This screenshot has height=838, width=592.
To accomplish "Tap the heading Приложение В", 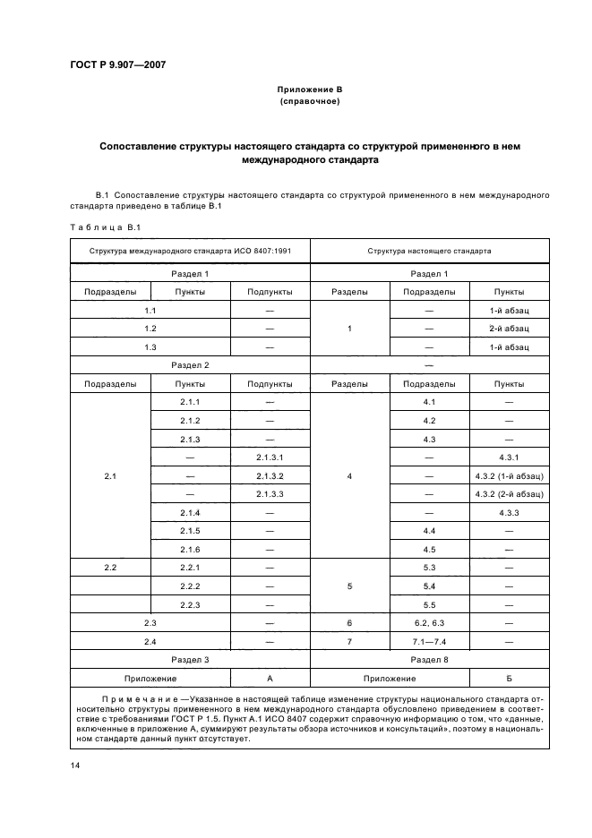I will pos(309,90).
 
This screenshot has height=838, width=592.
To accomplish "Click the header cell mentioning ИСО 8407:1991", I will pos(189,252).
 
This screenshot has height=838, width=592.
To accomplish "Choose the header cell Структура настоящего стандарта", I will pos(429,252).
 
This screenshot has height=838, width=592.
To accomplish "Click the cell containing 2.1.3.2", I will pos(270,475).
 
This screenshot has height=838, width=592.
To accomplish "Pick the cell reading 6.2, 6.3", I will pos(429,622).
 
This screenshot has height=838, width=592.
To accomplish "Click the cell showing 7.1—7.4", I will pos(429,641).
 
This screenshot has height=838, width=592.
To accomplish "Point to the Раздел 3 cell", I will pos(189,659).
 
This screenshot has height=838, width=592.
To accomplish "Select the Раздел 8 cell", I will pos(429,659).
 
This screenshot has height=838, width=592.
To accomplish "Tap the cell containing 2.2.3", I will pos(190,604).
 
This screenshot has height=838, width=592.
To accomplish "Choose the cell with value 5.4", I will pos(429,586).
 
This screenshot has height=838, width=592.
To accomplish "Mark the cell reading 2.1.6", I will pos(190,549).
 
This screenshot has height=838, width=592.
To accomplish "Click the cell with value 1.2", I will pos(150,329).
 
